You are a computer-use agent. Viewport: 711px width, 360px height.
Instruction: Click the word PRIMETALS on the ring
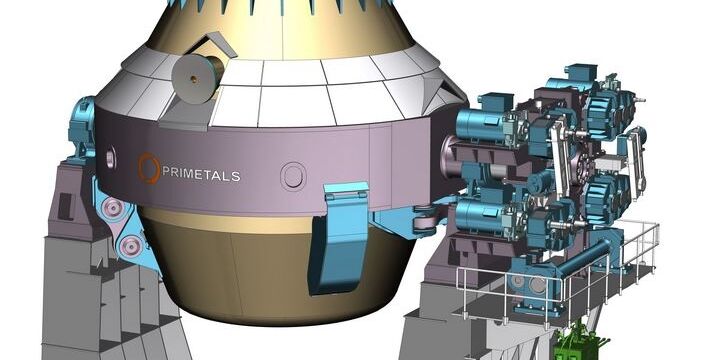click(201, 174)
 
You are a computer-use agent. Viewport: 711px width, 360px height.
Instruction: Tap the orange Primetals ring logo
click(149, 168)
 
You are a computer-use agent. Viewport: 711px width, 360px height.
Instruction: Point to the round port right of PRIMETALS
click(293, 176)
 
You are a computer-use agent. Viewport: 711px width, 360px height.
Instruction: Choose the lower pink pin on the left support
click(131, 246)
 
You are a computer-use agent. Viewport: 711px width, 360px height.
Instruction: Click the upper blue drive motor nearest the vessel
click(483, 123)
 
